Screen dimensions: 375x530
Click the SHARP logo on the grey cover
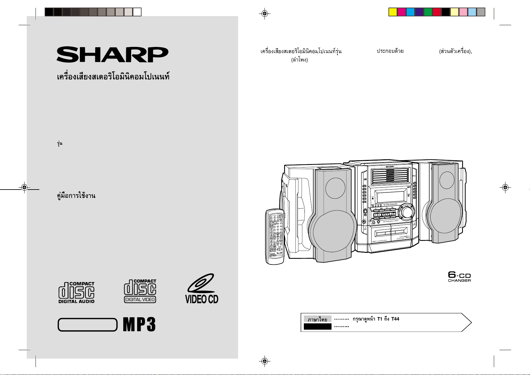pyautogui.click(x=112, y=55)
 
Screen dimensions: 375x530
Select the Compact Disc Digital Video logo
pyautogui.click(x=140, y=291)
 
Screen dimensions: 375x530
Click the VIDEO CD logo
pyautogui.click(x=202, y=289)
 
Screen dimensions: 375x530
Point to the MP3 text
pyautogui.click(x=139, y=325)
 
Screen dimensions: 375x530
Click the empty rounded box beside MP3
pyautogui.click(x=87, y=325)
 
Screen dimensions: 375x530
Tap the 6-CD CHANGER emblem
pyautogui.click(x=459, y=277)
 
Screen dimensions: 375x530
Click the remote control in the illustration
pyautogui.click(x=275, y=236)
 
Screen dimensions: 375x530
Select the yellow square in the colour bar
pyautogui.click(x=393, y=12)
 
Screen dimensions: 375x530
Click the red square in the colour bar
pyautogui.click(x=437, y=12)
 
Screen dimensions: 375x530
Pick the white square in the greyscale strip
pyautogui.click(x=137, y=12)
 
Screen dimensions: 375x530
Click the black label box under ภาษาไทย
pyautogui.click(x=317, y=327)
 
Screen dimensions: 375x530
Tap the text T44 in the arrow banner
pyautogui.click(x=395, y=319)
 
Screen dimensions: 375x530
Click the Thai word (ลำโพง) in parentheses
pyautogui.click(x=299, y=60)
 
